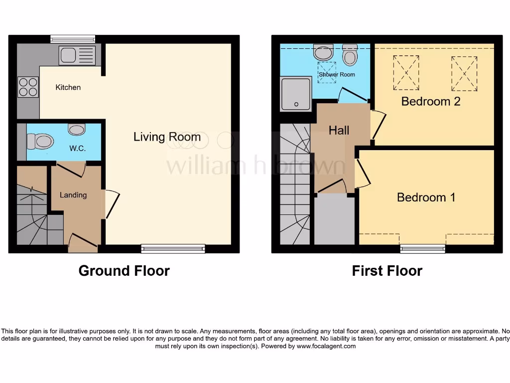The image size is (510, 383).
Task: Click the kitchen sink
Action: [x=80, y=55]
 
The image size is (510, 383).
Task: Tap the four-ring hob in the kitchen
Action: [x=28, y=87]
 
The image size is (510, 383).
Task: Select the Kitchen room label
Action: [x=68, y=87]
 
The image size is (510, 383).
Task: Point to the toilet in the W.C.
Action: [x=40, y=141]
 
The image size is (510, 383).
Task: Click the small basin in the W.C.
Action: [x=77, y=130]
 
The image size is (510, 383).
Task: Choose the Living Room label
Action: [x=167, y=137]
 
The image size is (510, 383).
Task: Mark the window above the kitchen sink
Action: [x=73, y=39]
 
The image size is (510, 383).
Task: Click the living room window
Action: [x=173, y=248]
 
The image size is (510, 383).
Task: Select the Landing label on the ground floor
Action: [x=73, y=195]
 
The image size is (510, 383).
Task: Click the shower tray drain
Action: [x=296, y=104]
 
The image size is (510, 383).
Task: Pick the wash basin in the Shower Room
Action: [x=324, y=51]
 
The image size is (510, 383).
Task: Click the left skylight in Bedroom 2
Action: [x=406, y=72]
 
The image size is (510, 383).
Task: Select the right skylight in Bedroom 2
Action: [x=464, y=73]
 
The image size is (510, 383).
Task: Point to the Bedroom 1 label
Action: [x=426, y=197]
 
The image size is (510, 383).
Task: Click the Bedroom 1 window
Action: [x=422, y=248]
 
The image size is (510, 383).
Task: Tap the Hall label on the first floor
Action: [x=339, y=131]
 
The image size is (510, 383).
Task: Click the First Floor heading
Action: [x=386, y=271]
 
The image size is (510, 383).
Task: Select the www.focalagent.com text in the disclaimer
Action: [x=326, y=346]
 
